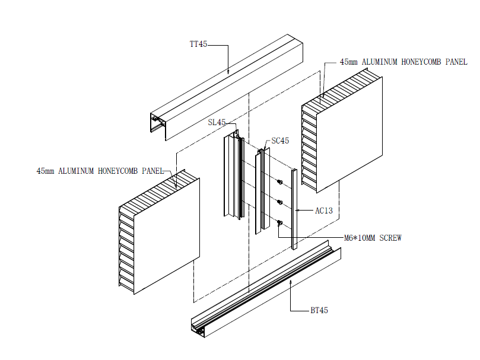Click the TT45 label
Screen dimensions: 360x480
(198, 44)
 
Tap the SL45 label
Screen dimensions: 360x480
(217, 123)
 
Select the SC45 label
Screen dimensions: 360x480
(280, 141)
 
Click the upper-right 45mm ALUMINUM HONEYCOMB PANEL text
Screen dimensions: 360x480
(403, 62)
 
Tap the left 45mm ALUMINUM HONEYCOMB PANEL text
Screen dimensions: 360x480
(100, 171)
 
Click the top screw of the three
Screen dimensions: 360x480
(280, 181)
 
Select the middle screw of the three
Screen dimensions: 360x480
(280, 202)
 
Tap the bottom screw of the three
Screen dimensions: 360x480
(279, 223)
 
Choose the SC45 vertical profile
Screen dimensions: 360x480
(260, 190)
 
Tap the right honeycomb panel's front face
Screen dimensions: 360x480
(350, 133)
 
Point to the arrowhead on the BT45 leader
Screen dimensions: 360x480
(290, 283)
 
